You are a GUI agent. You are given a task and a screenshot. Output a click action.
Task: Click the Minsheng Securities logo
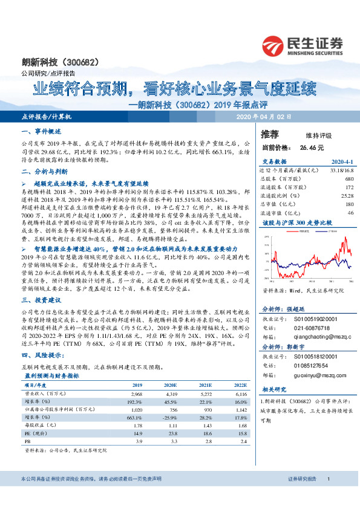click(303, 44)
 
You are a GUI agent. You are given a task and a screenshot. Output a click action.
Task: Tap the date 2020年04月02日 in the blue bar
click(263, 116)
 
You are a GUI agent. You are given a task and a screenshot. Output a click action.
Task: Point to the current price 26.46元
click(312, 147)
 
